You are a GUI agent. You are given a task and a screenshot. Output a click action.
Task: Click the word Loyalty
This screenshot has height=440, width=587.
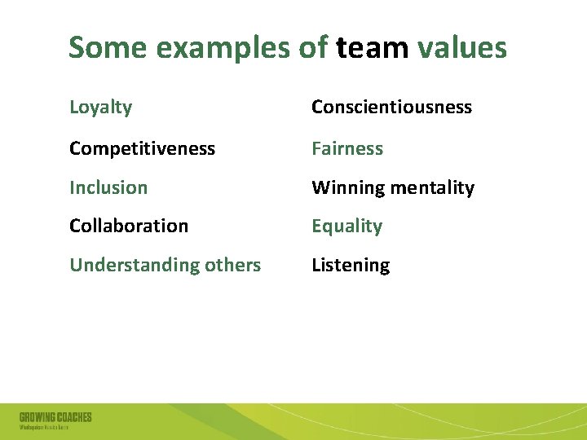(100, 108)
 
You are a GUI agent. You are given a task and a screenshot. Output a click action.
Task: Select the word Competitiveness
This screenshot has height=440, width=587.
(142, 148)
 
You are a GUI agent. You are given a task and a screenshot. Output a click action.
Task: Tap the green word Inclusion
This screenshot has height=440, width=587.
(108, 187)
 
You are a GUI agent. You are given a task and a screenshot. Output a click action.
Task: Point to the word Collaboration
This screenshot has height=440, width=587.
(129, 226)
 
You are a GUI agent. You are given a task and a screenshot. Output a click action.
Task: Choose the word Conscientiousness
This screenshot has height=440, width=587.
(391, 108)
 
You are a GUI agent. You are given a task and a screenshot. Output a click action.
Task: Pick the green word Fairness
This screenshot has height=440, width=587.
(347, 148)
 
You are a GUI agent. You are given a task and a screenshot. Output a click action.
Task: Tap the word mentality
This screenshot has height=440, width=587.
(433, 188)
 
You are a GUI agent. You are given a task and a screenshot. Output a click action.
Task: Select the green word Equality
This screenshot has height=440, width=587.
(346, 227)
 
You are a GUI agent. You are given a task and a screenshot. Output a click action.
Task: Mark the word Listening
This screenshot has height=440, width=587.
(351, 266)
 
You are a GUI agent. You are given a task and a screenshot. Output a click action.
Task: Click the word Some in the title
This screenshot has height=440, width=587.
(108, 48)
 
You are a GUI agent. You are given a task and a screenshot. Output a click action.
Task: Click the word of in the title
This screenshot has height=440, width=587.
(314, 48)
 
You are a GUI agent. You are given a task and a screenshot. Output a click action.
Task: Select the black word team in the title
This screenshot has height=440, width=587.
(372, 49)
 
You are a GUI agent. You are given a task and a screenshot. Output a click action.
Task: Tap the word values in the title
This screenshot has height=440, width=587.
(461, 48)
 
